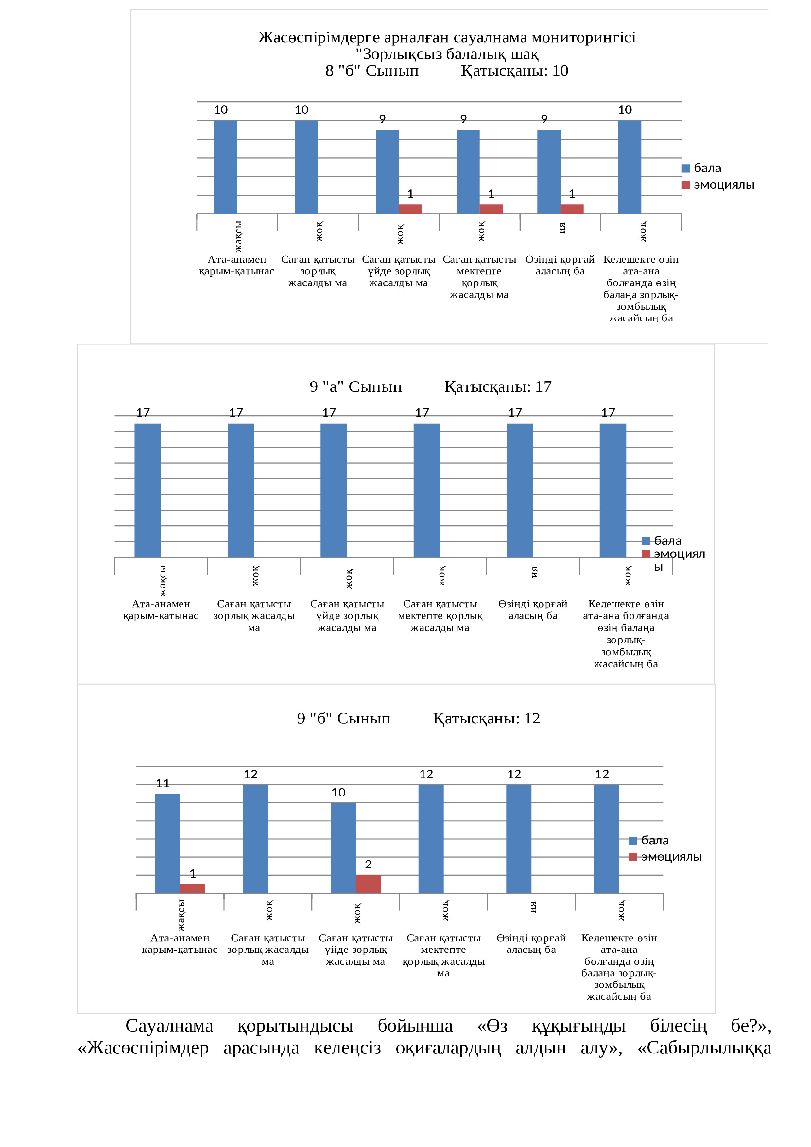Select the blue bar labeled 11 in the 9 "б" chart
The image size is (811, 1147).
[x=167, y=843]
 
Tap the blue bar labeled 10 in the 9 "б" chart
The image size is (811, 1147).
[x=343, y=848]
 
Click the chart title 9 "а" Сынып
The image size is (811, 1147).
[x=356, y=387]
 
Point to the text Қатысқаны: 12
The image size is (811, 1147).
[x=486, y=718]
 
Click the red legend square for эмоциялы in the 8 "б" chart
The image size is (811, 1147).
[x=685, y=185]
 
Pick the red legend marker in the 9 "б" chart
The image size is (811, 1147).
[x=633, y=857]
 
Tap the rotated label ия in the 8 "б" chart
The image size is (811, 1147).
[x=562, y=228]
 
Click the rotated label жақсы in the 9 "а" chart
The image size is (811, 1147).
[x=163, y=581]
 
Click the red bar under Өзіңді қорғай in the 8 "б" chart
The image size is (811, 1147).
[x=572, y=209]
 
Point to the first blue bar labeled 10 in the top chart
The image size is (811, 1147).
[x=225, y=167]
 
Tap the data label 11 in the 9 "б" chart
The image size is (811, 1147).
[x=163, y=783]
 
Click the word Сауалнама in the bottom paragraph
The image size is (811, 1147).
[x=169, y=1026]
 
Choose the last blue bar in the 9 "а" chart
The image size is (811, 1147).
[x=613, y=490]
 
